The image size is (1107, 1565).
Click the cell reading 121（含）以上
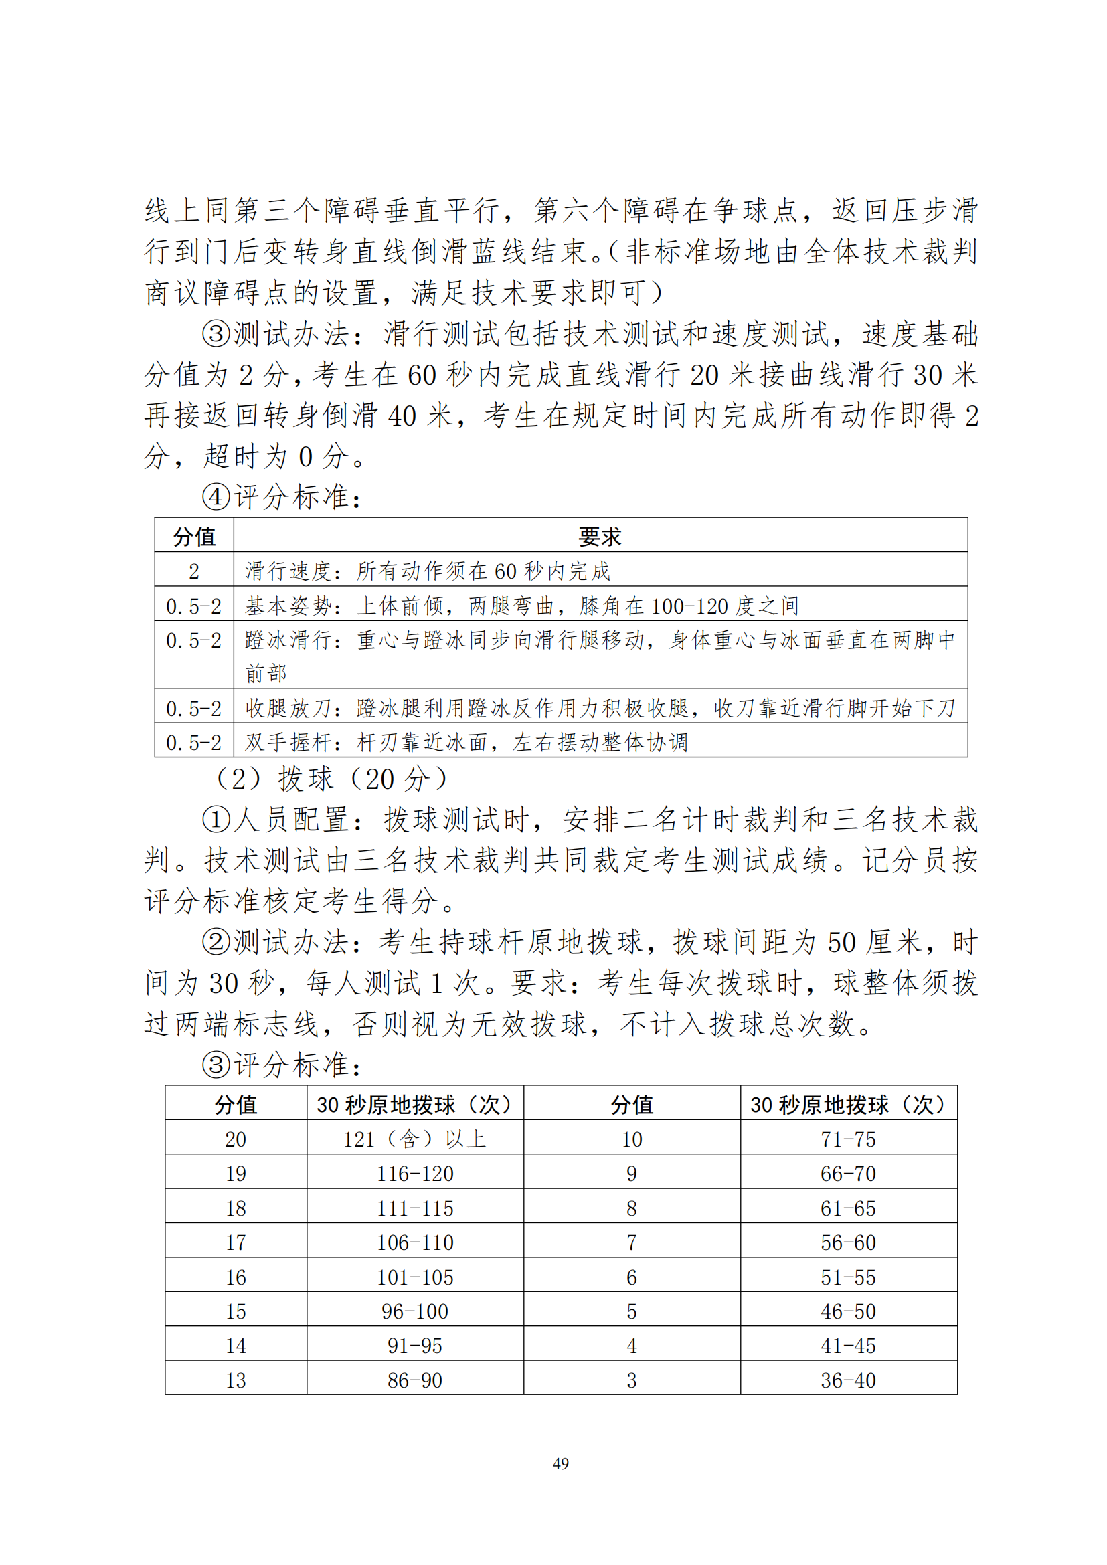coord(414,1139)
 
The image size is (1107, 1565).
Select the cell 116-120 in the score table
coord(414,1174)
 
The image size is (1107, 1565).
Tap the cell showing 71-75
coord(848,1139)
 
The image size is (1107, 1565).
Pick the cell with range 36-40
coord(848,1380)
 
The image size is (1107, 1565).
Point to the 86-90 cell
coord(414,1380)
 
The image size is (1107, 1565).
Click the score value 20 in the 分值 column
coord(236,1139)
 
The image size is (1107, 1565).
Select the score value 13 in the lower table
coord(236,1380)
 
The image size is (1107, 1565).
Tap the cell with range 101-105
coord(414,1277)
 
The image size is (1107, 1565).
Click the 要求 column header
coord(600,537)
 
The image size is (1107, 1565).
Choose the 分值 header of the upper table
coord(194,537)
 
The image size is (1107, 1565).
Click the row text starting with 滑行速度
coord(428,571)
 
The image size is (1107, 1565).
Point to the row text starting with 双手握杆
coord(466,741)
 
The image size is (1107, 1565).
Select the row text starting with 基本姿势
coord(521,606)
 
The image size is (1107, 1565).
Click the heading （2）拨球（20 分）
coord(331,778)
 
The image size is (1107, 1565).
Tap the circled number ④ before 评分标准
coord(216,497)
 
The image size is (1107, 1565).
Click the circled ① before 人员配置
coord(216,820)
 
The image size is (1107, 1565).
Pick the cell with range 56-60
coord(848,1242)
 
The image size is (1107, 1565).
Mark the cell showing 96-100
coord(414,1311)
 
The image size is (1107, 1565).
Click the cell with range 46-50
coord(848,1311)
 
